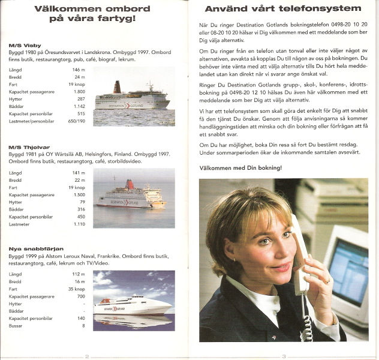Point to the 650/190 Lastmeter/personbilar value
(77, 121)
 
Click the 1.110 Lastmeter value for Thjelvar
(79, 224)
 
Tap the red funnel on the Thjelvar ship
(130, 185)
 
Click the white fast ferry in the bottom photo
(132, 305)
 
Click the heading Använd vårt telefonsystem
(283, 9)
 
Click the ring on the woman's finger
(327, 281)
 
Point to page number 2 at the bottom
(87, 356)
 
